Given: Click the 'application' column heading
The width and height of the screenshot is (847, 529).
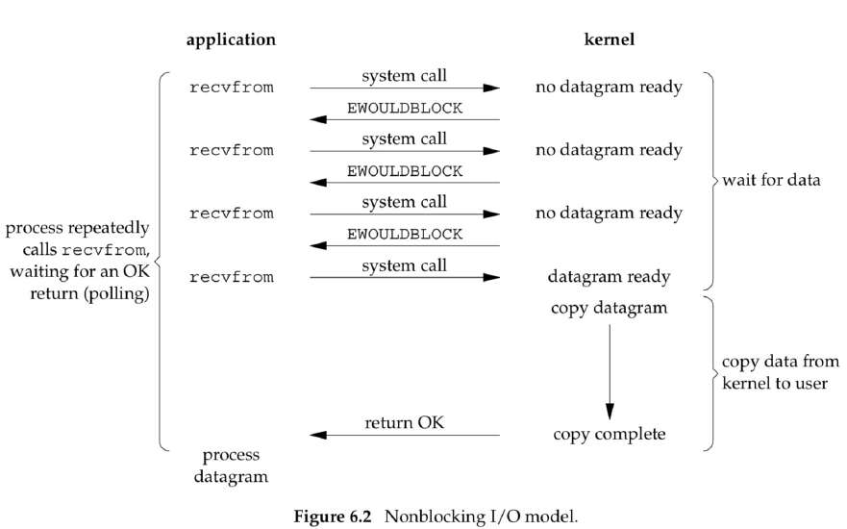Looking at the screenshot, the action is tap(231, 40).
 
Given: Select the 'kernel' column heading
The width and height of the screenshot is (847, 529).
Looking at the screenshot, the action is tap(610, 39).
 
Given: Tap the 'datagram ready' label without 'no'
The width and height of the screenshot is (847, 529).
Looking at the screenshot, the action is tap(609, 277).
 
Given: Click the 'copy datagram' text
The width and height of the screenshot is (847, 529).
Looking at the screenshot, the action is tap(610, 309).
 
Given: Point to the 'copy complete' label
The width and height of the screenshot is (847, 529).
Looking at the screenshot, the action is tap(610, 435).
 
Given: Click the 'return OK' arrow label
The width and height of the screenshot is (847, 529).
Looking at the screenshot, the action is tap(404, 422).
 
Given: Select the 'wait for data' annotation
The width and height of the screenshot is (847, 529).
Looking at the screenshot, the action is tap(771, 180).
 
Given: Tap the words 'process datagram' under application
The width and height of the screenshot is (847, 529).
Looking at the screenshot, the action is tap(231, 466).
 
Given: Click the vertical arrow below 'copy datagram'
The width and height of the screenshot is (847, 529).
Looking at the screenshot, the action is tap(610, 372).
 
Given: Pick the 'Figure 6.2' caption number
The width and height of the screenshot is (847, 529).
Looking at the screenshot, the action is tap(333, 516).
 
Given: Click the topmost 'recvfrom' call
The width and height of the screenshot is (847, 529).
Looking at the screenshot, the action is tap(231, 88).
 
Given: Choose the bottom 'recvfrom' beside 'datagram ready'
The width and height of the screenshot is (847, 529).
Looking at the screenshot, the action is tap(231, 277).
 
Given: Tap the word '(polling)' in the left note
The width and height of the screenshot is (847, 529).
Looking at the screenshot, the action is tap(116, 294).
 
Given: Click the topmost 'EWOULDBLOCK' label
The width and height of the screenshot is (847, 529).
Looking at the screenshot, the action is tap(405, 109).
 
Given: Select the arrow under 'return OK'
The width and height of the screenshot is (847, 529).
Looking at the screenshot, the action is tap(405, 435).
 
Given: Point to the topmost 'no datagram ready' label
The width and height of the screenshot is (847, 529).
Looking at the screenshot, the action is tap(609, 88).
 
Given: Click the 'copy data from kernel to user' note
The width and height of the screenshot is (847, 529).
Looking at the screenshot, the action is tap(781, 372).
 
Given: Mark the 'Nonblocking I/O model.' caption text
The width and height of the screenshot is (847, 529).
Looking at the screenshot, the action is tap(481, 516).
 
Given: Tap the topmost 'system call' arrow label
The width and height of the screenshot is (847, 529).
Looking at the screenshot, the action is tap(404, 76).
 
